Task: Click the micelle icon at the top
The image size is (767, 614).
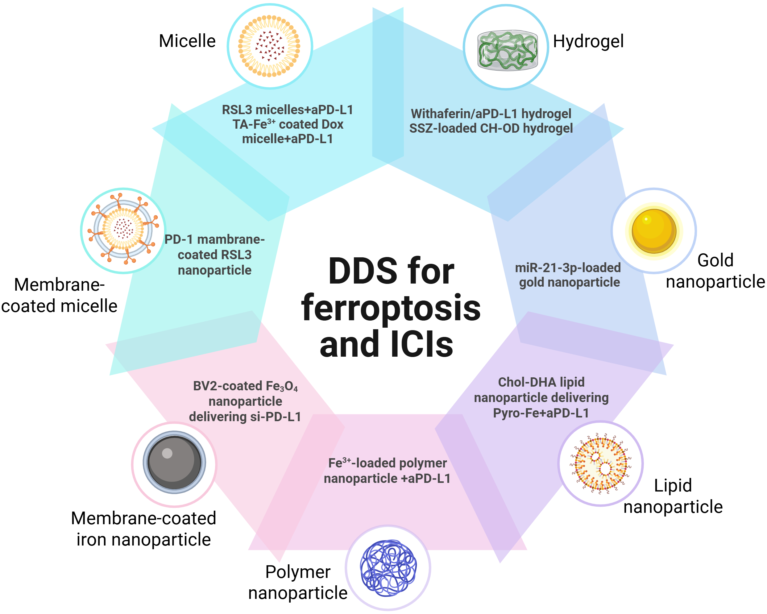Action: tap(269, 46)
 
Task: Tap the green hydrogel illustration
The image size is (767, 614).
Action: tap(507, 50)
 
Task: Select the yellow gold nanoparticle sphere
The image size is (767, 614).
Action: tap(654, 231)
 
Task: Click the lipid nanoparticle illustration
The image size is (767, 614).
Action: tap(600, 463)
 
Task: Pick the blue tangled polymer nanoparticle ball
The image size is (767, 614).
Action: tap(388, 568)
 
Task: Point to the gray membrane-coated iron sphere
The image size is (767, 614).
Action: tap(174, 463)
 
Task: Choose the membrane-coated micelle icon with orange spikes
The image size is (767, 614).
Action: tap(123, 230)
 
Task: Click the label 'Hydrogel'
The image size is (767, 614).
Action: tap(588, 41)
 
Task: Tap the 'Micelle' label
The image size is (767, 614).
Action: tap(187, 41)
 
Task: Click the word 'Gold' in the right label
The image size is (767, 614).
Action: tap(715, 260)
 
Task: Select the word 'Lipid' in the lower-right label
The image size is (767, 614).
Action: tap(673, 486)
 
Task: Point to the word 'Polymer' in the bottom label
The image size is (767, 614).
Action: tap(298, 572)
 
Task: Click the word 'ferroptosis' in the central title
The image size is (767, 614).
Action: tap(391, 308)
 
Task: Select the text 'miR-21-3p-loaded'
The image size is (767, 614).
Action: tap(568, 268)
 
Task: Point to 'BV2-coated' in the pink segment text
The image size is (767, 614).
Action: tap(222, 386)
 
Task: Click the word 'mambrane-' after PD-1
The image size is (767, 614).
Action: tap(231, 239)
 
